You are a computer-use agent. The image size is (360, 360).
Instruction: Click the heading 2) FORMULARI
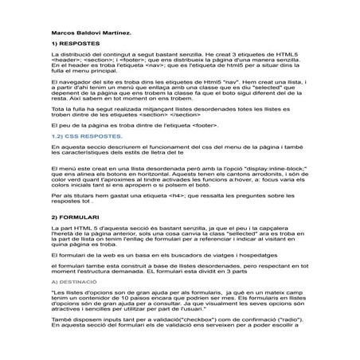coord(74,217)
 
